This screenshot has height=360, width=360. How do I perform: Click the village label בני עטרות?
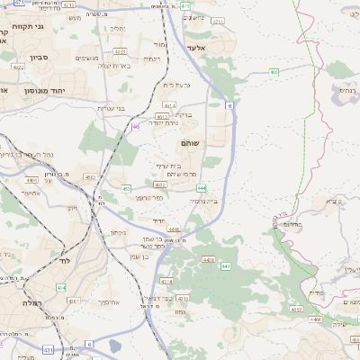coord(111,107)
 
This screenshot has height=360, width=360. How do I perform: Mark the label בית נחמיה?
coord(205,202)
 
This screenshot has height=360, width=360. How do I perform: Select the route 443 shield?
coord(224,267)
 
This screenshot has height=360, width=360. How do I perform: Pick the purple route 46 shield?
coord(135,127)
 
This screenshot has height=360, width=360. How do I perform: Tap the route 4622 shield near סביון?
coord(19,66)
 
